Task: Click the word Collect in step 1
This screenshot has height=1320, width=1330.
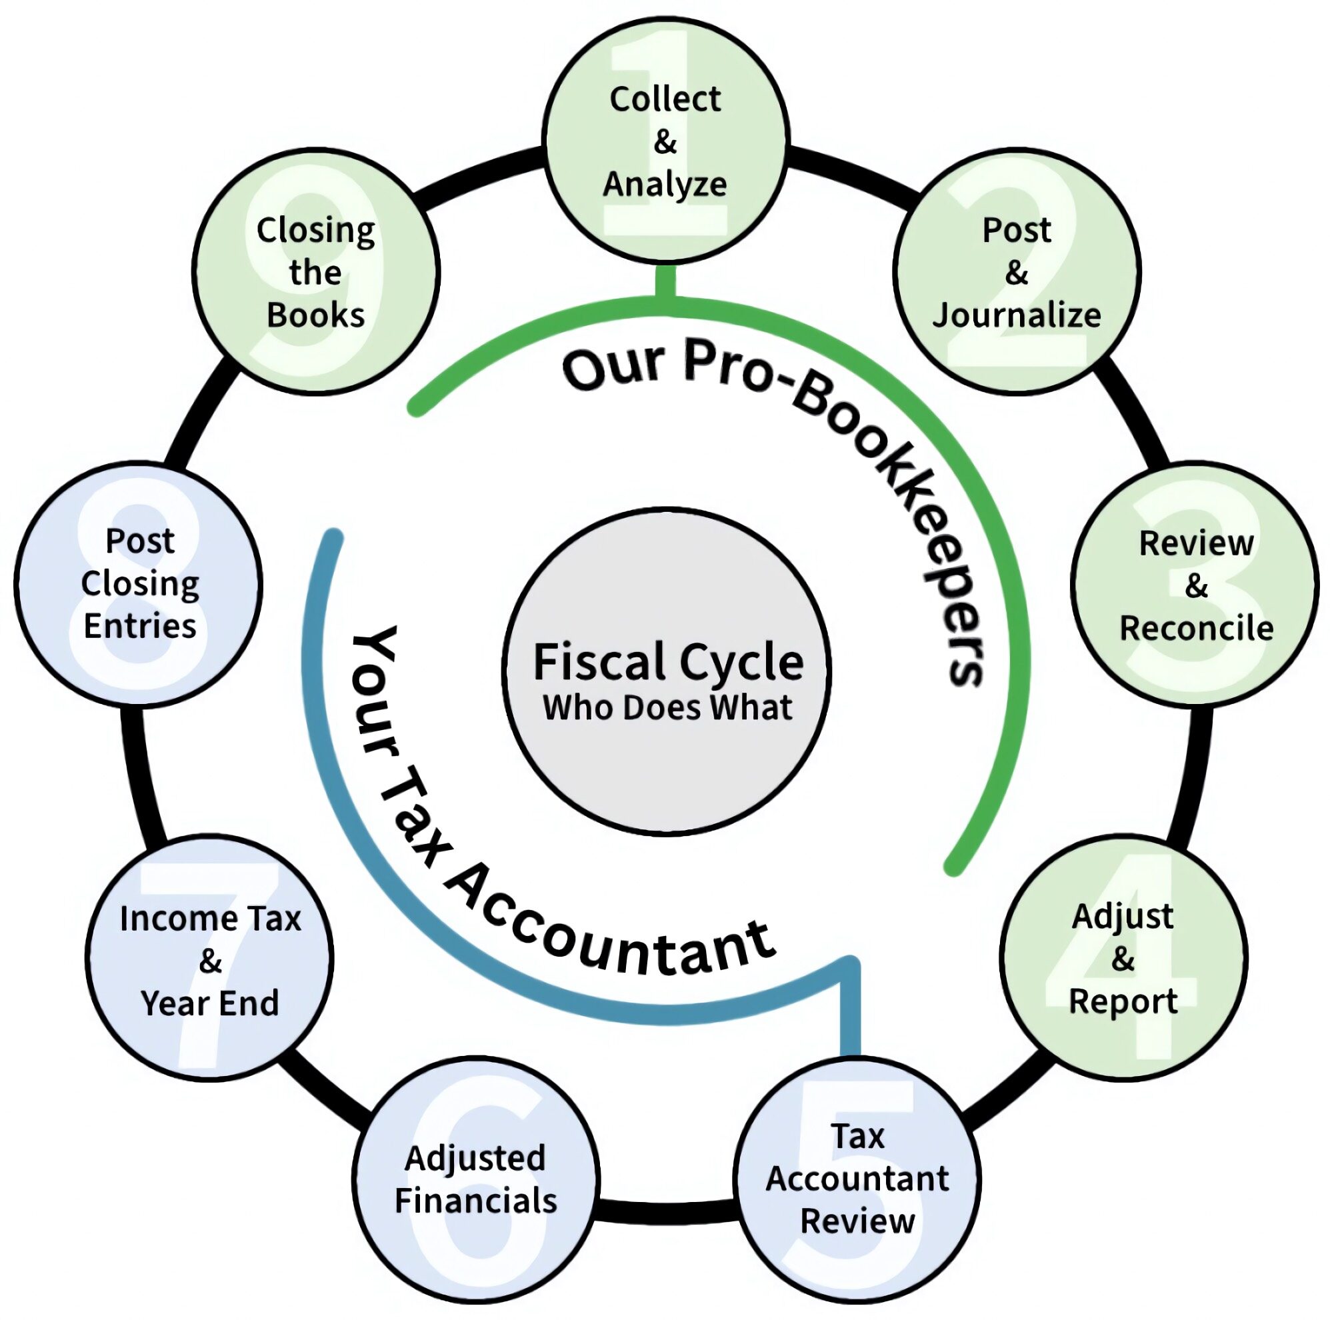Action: (665, 99)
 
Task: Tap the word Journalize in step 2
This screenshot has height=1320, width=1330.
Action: (1017, 315)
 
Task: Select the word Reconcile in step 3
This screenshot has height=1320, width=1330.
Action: (1197, 628)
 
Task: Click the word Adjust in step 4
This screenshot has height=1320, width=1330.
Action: (1123, 917)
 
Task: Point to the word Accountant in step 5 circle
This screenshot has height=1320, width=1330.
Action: (858, 1178)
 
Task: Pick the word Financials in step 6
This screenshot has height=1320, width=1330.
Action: (476, 1201)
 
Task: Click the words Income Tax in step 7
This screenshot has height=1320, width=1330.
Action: (211, 919)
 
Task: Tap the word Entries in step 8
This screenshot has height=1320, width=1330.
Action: (140, 626)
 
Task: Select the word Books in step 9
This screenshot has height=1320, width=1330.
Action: (315, 315)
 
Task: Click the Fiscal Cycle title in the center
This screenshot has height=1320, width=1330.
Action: (668, 661)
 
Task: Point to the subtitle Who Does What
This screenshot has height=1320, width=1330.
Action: (668, 708)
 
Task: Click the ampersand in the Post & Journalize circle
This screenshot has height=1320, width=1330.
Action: (1017, 273)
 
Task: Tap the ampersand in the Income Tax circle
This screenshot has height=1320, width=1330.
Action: (211, 961)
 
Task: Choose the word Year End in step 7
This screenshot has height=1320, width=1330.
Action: (211, 1003)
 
